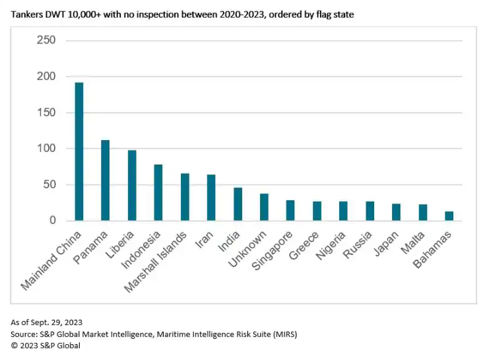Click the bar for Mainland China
point(79,151)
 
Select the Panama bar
point(106,180)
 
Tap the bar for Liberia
point(132,185)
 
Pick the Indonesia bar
point(158,192)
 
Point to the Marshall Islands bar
point(185,197)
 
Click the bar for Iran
point(211,198)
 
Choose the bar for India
point(238,204)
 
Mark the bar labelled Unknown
point(264,207)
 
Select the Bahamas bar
point(449,216)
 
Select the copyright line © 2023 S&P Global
point(46,345)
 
